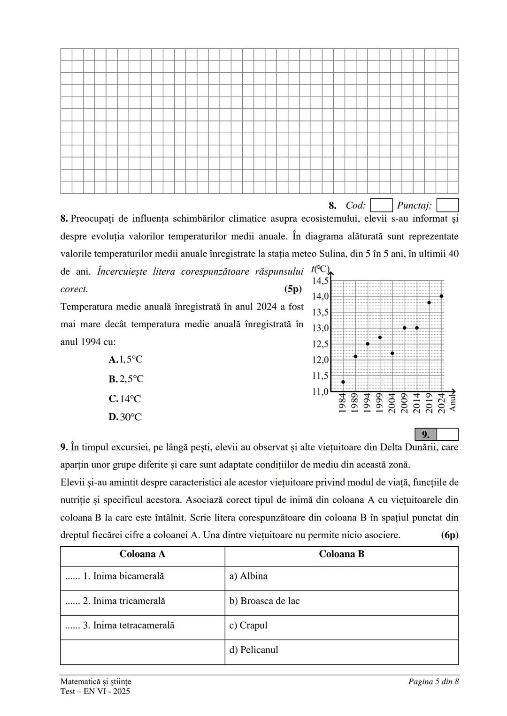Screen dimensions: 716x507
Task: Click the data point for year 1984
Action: (343, 382)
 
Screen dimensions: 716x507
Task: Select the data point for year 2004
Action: (392, 353)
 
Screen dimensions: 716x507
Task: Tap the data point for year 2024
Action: (441, 296)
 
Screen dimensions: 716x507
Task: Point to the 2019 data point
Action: (429, 302)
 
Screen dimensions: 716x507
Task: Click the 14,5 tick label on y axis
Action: (321, 281)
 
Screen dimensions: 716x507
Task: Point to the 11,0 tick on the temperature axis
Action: (321, 392)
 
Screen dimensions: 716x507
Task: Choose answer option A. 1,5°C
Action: (125, 360)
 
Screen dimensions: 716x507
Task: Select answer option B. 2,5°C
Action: (126, 379)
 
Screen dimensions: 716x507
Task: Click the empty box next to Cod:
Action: (381, 205)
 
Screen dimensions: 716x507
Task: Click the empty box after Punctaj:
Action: (447, 205)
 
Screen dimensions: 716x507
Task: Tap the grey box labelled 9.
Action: (426, 434)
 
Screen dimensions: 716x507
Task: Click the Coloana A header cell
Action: (142, 554)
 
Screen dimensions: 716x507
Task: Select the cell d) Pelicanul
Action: (341, 650)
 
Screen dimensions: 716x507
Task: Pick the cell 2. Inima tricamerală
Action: (142, 601)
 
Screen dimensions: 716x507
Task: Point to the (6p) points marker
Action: (449, 535)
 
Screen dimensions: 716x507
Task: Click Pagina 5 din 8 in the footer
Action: (433, 681)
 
